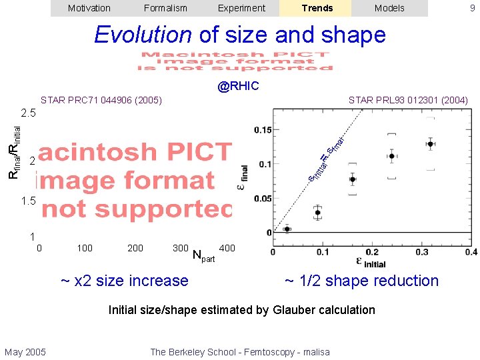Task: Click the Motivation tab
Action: [89, 8]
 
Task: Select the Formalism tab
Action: [165, 8]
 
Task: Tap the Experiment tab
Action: [241, 8]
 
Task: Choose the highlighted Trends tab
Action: [317, 8]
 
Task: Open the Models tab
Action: [389, 8]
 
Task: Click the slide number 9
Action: [472, 8]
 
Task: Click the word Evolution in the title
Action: [143, 35]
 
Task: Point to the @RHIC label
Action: [239, 86]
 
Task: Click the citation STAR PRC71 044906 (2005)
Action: [101, 101]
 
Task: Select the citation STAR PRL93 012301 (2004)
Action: [408, 101]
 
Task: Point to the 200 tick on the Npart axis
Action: [135, 248]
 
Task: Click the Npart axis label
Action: [203, 255]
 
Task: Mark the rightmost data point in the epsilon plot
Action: [431, 143]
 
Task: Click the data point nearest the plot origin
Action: [287, 229]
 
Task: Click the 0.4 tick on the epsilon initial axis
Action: [471, 252]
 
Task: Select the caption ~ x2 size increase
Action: [125, 281]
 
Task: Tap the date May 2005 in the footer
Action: [25, 352]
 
